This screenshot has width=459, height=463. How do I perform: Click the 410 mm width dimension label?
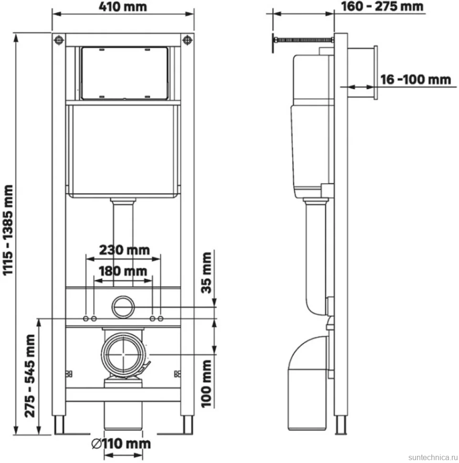(123, 7)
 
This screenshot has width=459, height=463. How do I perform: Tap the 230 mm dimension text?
(124, 250)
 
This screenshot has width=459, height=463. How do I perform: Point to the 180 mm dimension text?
(123, 271)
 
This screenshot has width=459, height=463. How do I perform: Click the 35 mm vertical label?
(206, 273)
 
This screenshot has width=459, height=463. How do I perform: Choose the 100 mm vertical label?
(206, 384)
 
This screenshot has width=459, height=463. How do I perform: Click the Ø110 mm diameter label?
(121, 444)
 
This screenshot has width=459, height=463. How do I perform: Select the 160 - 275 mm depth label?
(382, 7)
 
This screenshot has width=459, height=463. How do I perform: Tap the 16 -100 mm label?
(416, 80)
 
